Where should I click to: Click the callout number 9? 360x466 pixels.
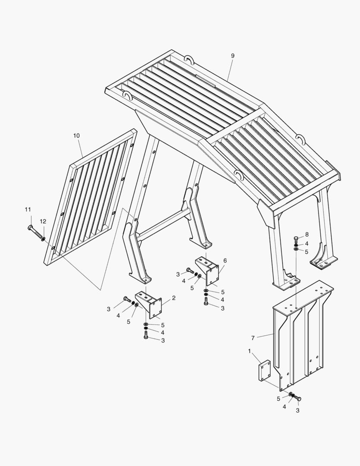click(232, 56)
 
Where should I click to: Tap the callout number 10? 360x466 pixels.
click(76, 135)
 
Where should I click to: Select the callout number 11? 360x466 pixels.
click(28, 210)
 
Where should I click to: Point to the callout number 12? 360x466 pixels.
click(43, 221)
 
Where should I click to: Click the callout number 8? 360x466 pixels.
click(307, 234)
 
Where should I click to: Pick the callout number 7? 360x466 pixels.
click(253, 338)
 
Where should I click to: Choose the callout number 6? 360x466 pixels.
click(225, 261)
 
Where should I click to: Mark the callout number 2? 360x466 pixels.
click(174, 298)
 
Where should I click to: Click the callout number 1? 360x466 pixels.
click(250, 351)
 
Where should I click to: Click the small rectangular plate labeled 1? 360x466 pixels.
click(264, 370)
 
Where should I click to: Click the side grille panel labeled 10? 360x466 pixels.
click(90, 197)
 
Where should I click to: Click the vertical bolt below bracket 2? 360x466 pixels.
click(146, 335)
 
